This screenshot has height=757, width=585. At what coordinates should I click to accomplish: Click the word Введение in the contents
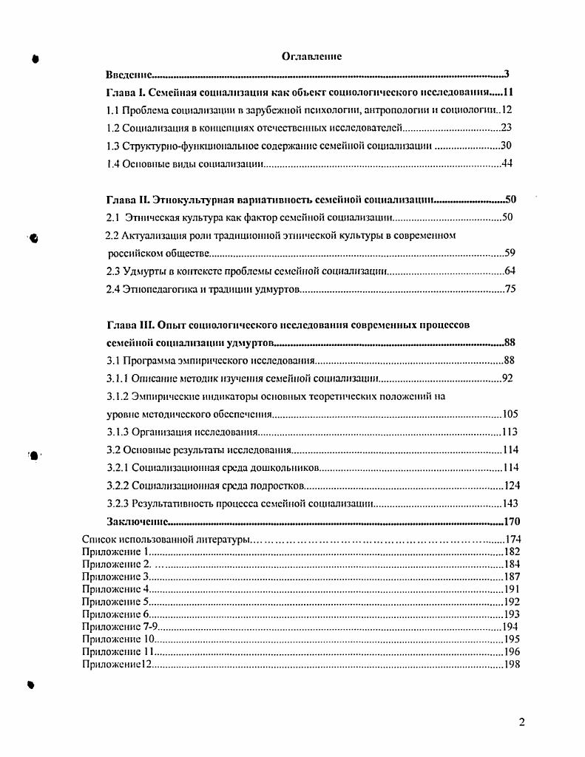pyautogui.click(x=128, y=75)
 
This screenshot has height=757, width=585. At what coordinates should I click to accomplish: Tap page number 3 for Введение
pyautogui.click(x=507, y=75)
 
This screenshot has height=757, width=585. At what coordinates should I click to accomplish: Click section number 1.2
pyautogui.click(x=113, y=128)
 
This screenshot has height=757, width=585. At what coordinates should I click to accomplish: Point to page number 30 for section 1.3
pyautogui.click(x=507, y=146)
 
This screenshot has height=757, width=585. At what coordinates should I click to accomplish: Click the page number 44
pyautogui.click(x=507, y=163)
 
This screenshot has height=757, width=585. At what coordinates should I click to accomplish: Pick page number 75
pyautogui.click(x=510, y=288)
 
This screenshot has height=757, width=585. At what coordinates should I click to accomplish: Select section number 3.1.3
pyautogui.click(x=118, y=432)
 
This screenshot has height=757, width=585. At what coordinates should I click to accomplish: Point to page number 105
pyautogui.click(x=510, y=414)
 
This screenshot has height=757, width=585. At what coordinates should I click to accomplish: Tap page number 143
pyautogui.click(x=510, y=504)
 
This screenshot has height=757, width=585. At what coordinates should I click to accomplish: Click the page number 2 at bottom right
pyautogui.click(x=521, y=722)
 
